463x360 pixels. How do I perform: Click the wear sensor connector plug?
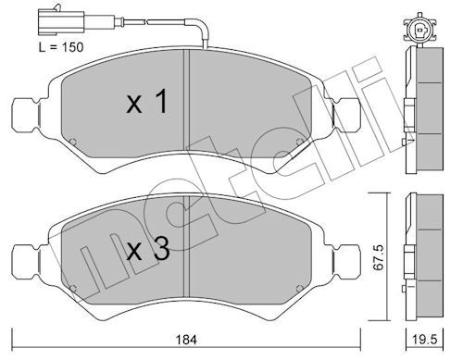(61, 21)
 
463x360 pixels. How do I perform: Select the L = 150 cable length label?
(61, 47)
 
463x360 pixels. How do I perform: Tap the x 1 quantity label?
(147, 101)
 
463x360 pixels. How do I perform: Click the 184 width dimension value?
(186, 340)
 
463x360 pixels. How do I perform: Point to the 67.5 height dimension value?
(378, 257)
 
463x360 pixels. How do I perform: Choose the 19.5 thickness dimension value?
(424, 340)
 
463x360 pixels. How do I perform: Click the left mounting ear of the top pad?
(26, 115)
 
